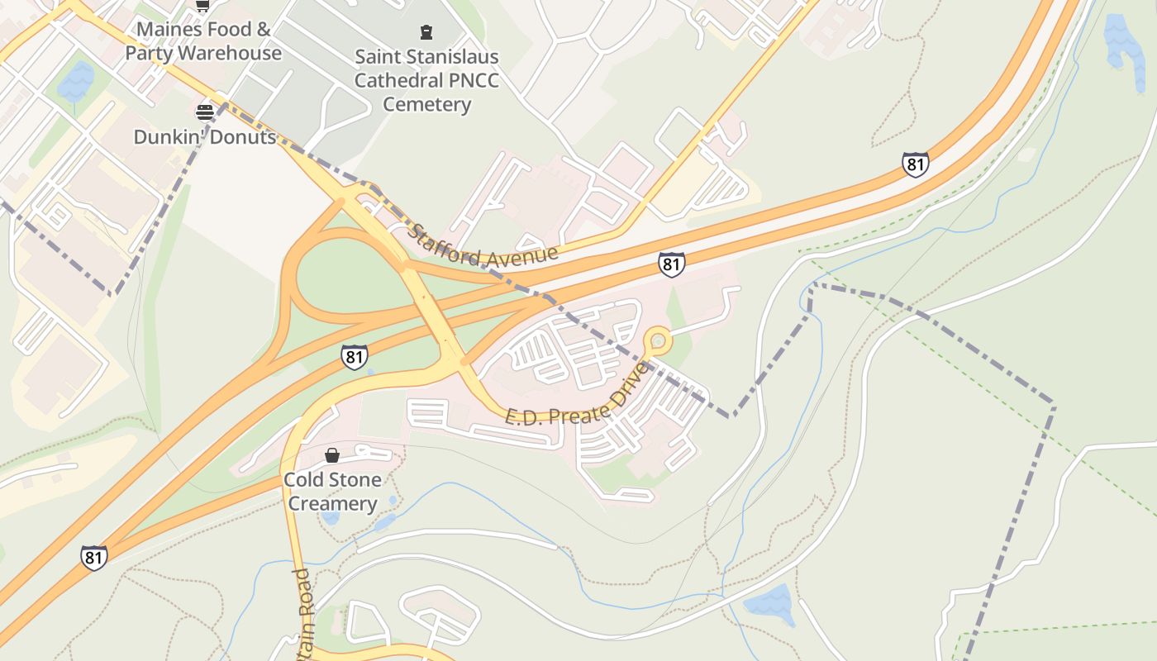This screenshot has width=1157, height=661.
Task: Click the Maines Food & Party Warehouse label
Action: click(203, 41)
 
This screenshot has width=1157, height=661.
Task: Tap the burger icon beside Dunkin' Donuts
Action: click(204, 112)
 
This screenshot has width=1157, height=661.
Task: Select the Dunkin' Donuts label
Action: click(205, 136)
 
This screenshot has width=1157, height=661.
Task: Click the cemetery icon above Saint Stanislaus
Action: click(426, 32)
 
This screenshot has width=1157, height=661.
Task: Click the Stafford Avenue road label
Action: click(483, 245)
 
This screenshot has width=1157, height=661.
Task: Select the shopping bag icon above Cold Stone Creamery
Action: click(331, 455)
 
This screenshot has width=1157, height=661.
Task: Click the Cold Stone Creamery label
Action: click(332, 492)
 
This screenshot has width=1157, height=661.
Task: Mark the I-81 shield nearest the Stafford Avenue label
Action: click(672, 264)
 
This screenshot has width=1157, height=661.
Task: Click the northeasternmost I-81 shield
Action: click(915, 164)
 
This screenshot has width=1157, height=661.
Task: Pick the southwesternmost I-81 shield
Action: click(94, 558)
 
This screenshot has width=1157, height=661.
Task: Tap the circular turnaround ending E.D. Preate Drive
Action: click(658, 340)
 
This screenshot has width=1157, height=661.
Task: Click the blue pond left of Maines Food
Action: click(76, 81)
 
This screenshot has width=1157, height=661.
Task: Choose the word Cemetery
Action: click(426, 105)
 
